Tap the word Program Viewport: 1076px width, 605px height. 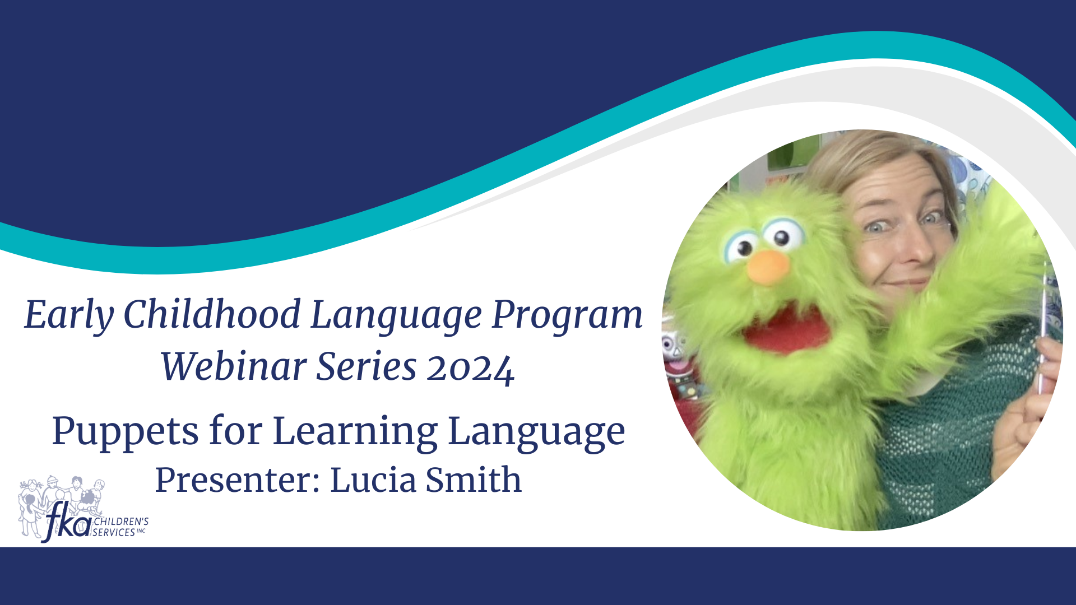pyautogui.click(x=567, y=315)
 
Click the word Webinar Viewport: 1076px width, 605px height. pyautogui.click(x=233, y=366)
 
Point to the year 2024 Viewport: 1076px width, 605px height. pyautogui.click(x=470, y=369)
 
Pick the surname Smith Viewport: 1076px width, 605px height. pyautogui.click(x=474, y=480)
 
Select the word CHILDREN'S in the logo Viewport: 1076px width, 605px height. pyautogui.click(x=121, y=522)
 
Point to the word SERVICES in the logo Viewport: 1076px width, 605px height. pyautogui.click(x=114, y=532)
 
